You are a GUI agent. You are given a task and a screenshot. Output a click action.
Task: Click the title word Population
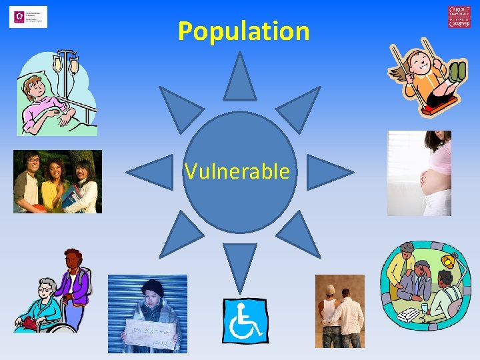coord(243,31)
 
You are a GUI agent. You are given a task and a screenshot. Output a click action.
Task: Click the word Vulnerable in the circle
coord(238,172)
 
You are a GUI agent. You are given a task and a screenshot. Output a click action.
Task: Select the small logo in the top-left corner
coord(28,17)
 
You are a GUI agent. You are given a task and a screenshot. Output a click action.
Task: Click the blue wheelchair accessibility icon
coord(245,320)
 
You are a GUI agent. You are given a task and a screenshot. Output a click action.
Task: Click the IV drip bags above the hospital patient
coord(66,63)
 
